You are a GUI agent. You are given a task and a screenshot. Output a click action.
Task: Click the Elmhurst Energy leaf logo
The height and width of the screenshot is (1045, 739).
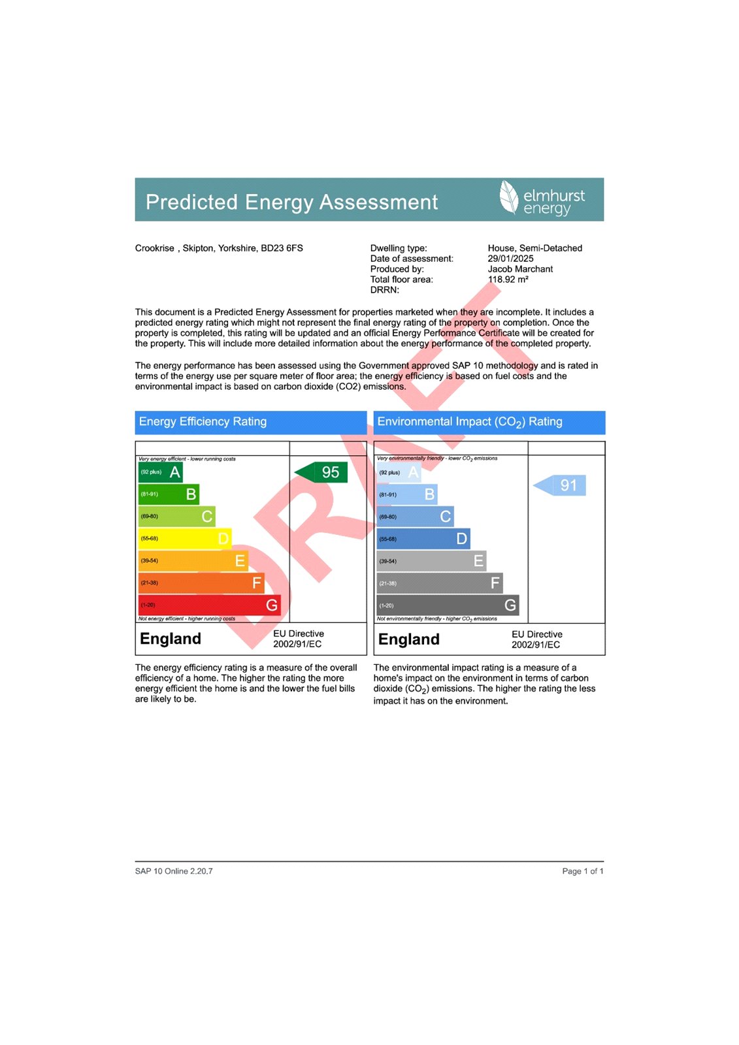pos(508,197)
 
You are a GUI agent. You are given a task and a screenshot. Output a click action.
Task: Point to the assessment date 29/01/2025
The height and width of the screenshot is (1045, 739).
pos(510,259)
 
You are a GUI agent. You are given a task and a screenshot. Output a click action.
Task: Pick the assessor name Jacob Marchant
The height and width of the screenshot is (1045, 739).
pos(520,269)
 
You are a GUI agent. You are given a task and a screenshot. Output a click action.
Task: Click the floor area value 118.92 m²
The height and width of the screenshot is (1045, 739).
pos(508,280)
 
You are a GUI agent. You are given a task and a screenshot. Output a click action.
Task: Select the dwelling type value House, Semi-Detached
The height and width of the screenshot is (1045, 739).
pos(534,248)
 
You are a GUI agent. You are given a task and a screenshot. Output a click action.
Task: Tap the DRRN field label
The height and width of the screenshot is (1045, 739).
pos(384,290)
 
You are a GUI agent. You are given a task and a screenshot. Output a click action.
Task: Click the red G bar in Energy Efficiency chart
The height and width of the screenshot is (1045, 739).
pos(209,605)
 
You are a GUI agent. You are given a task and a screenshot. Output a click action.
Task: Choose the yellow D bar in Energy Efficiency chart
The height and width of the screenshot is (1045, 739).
pos(184,539)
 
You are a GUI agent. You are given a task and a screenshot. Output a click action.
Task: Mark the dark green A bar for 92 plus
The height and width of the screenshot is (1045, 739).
pos(160,472)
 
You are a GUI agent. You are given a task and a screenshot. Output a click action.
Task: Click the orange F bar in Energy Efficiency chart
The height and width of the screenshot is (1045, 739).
pos(201,583)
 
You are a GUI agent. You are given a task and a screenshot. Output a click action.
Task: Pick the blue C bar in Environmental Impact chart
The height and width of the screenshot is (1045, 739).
pos(415,517)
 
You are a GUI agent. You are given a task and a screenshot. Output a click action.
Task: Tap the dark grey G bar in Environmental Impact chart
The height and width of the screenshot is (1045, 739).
pos(448,605)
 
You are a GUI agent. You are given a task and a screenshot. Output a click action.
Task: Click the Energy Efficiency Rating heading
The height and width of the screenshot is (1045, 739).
pos(203,422)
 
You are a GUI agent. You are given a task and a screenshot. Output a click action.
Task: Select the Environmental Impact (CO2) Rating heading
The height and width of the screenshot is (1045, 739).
pos(469,422)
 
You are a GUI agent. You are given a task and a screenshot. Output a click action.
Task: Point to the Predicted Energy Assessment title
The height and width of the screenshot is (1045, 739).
pos(291,202)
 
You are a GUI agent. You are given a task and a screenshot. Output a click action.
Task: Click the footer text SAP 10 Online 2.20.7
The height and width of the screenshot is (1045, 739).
pos(174,871)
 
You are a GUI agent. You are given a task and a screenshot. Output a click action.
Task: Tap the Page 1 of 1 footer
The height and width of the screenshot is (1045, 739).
pos(582,871)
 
